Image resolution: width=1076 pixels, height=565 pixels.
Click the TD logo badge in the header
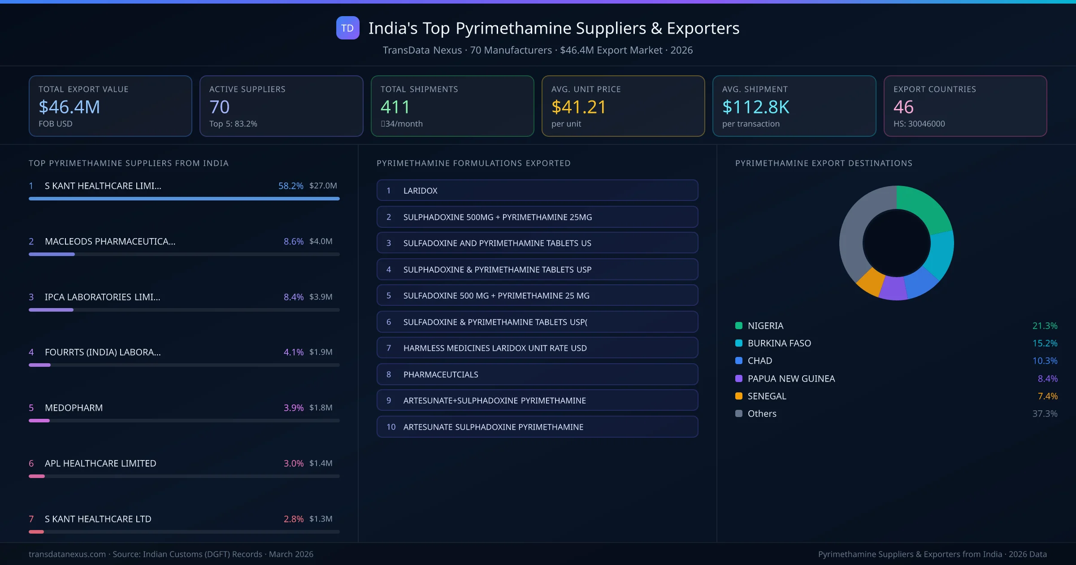click(x=347, y=28)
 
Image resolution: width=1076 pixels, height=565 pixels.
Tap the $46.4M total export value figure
click(x=69, y=107)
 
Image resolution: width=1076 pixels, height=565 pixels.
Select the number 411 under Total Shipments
click(x=395, y=107)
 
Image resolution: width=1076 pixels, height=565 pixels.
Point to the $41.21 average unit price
click(x=578, y=107)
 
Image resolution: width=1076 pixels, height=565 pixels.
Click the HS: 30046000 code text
click(x=919, y=124)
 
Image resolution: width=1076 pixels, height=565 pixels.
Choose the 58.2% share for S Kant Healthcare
click(x=291, y=186)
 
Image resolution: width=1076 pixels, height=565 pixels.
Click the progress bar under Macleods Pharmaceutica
click(x=184, y=254)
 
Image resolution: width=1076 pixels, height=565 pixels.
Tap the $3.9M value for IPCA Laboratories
click(x=321, y=297)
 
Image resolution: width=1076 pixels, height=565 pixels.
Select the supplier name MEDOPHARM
click(x=74, y=408)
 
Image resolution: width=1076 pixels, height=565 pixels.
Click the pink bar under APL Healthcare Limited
click(x=37, y=476)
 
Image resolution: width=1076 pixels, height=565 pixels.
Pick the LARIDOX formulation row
click(x=537, y=191)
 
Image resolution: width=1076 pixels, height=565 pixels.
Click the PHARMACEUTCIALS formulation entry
click(x=537, y=374)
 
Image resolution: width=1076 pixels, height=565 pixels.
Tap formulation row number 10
click(x=537, y=427)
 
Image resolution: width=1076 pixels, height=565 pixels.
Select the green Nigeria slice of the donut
click(x=924, y=206)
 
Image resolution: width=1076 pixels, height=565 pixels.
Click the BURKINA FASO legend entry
click(x=779, y=343)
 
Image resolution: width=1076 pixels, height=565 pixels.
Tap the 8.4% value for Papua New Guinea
click(x=1047, y=379)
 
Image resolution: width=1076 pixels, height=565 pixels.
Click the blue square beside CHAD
click(x=739, y=361)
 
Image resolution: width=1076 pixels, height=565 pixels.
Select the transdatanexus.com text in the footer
click(x=67, y=554)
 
